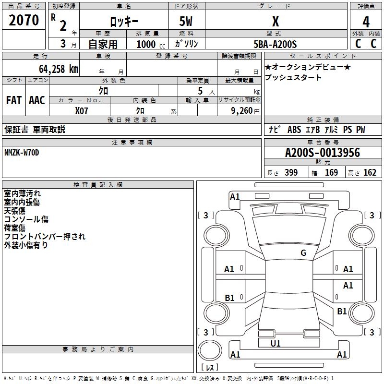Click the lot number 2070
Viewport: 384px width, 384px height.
tap(24, 20)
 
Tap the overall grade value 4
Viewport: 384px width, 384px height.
tap(366, 22)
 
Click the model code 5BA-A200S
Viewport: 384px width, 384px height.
tap(276, 44)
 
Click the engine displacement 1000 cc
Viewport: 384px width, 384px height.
tap(150, 44)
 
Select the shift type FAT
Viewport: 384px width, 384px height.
tap(13, 100)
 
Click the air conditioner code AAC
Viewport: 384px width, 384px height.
tap(36, 100)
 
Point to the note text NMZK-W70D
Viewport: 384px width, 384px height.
tap(22, 153)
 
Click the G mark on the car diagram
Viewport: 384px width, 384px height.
tap(303, 253)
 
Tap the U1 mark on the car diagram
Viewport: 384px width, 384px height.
tap(276, 344)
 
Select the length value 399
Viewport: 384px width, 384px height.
tap(291, 173)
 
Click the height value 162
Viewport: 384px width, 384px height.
tap(370, 173)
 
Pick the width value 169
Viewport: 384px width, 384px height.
tap(331, 173)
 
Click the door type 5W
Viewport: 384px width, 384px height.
tap(186, 22)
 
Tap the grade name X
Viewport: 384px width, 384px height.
tap(275, 22)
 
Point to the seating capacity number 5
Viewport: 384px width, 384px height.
tap(200, 91)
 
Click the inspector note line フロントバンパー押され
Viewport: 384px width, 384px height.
tap(45, 236)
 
